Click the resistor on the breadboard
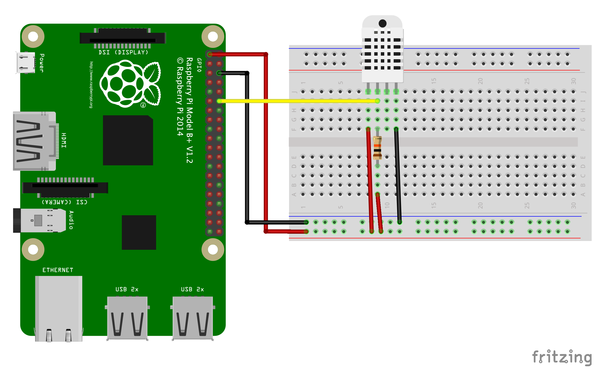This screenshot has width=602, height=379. click(x=377, y=148)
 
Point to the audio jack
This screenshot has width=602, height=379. click(x=40, y=220)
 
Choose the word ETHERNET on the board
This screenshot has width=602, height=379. click(x=58, y=270)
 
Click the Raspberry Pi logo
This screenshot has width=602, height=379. click(x=130, y=84)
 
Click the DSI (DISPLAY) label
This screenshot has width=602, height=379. click(x=124, y=52)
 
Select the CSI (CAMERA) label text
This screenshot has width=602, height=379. click(x=65, y=202)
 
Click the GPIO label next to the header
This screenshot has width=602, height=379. click(x=199, y=65)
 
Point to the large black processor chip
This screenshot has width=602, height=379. click(x=128, y=140)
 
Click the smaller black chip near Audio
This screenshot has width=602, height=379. click(x=139, y=232)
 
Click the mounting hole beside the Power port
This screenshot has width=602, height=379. click(x=33, y=36)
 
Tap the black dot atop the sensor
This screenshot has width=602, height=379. click(x=383, y=24)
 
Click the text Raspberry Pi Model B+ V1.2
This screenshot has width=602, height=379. click(x=190, y=110)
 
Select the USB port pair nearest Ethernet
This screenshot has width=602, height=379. click(x=127, y=318)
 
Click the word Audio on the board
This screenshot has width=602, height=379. click(x=71, y=220)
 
